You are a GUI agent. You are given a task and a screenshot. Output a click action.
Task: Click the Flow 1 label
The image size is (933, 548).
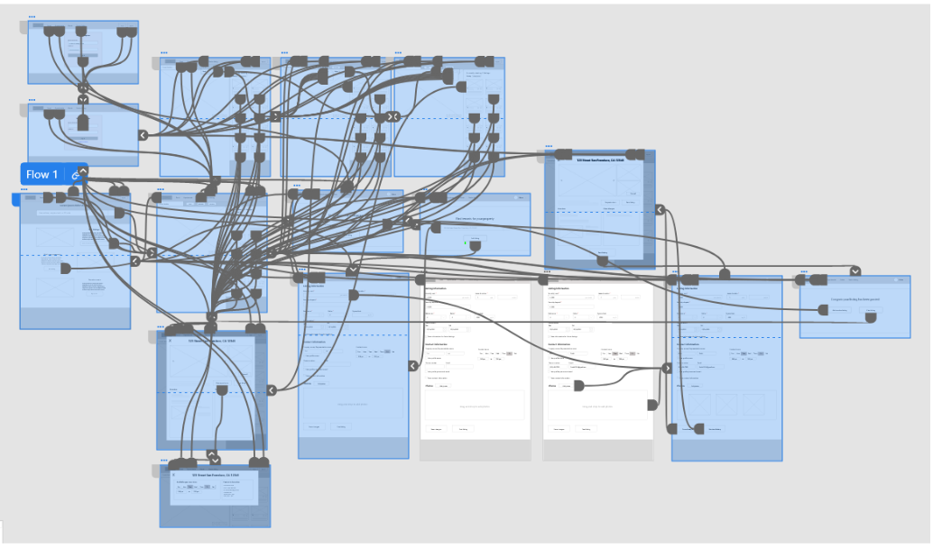[42, 174]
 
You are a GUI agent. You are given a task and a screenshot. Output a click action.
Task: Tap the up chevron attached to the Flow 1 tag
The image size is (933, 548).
[82, 170]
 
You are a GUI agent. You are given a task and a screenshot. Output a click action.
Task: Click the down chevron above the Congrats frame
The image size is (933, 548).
[854, 271]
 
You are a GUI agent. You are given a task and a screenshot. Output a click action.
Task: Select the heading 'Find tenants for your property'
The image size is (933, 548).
[473, 219]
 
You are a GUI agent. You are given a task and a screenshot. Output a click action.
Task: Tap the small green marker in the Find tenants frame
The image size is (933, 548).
[466, 242]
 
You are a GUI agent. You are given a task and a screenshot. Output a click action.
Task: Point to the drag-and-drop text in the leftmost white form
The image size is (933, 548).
[475, 406]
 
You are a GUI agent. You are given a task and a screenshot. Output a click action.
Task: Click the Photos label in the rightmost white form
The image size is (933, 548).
[551, 385]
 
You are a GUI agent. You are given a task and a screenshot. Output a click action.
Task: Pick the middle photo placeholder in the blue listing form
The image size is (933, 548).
[726, 404]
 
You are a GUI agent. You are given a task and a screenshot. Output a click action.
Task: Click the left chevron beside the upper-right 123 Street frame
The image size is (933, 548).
[660, 210]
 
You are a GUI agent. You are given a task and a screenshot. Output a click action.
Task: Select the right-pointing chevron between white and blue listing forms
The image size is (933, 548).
[668, 368]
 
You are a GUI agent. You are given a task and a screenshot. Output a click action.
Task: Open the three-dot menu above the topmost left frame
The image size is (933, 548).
[32, 17]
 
